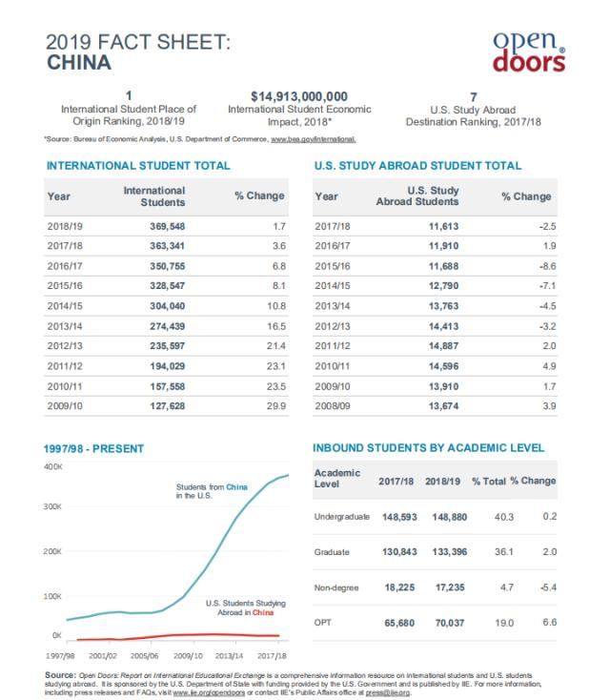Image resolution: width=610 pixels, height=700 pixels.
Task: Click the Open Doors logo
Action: pos(528,53)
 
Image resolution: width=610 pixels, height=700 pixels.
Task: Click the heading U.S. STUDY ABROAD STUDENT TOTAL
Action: pos(417,166)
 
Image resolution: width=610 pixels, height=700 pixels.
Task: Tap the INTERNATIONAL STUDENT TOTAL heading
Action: pos(138,166)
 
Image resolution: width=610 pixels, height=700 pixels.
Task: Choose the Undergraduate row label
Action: pos(341,517)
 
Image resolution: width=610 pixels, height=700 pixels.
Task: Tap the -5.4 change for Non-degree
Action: pos(546,587)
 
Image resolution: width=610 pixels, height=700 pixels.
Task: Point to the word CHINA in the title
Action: pos(78,64)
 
